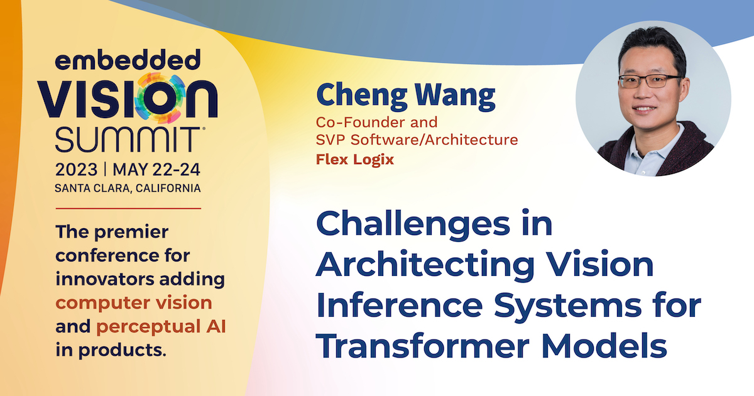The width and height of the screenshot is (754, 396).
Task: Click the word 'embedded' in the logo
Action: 128,60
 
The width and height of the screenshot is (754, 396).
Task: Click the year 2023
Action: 77,169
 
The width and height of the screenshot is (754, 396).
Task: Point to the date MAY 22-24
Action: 156,169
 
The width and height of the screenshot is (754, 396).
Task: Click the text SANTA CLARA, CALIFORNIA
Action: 128,188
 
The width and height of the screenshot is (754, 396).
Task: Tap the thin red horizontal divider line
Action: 128,209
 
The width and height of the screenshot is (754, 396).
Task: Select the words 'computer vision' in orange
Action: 134,303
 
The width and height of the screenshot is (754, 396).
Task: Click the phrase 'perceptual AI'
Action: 161,327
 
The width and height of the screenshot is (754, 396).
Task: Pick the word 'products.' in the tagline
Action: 123,350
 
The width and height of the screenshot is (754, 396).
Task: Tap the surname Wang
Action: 455,96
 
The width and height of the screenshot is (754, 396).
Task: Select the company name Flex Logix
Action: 355,159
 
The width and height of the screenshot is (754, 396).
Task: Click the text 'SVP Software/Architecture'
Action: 417,140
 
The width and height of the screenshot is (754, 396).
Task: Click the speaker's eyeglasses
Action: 649,81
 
